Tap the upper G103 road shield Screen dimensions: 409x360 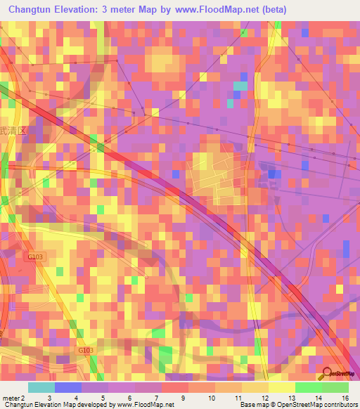(35, 257)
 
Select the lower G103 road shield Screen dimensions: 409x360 (85, 350)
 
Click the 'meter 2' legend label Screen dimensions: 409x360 (13, 398)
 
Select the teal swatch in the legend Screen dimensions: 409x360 (41, 387)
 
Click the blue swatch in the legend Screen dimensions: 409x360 (68, 387)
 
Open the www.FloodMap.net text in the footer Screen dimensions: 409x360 (144, 405)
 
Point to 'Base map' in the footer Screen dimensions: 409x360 (252, 405)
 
